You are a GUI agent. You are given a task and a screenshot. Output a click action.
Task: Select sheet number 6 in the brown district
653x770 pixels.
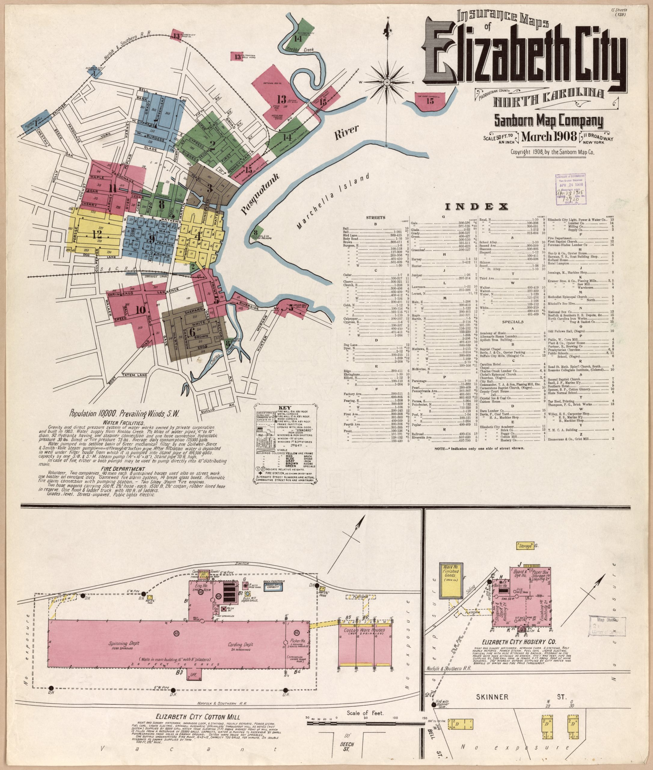[x=192, y=332]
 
